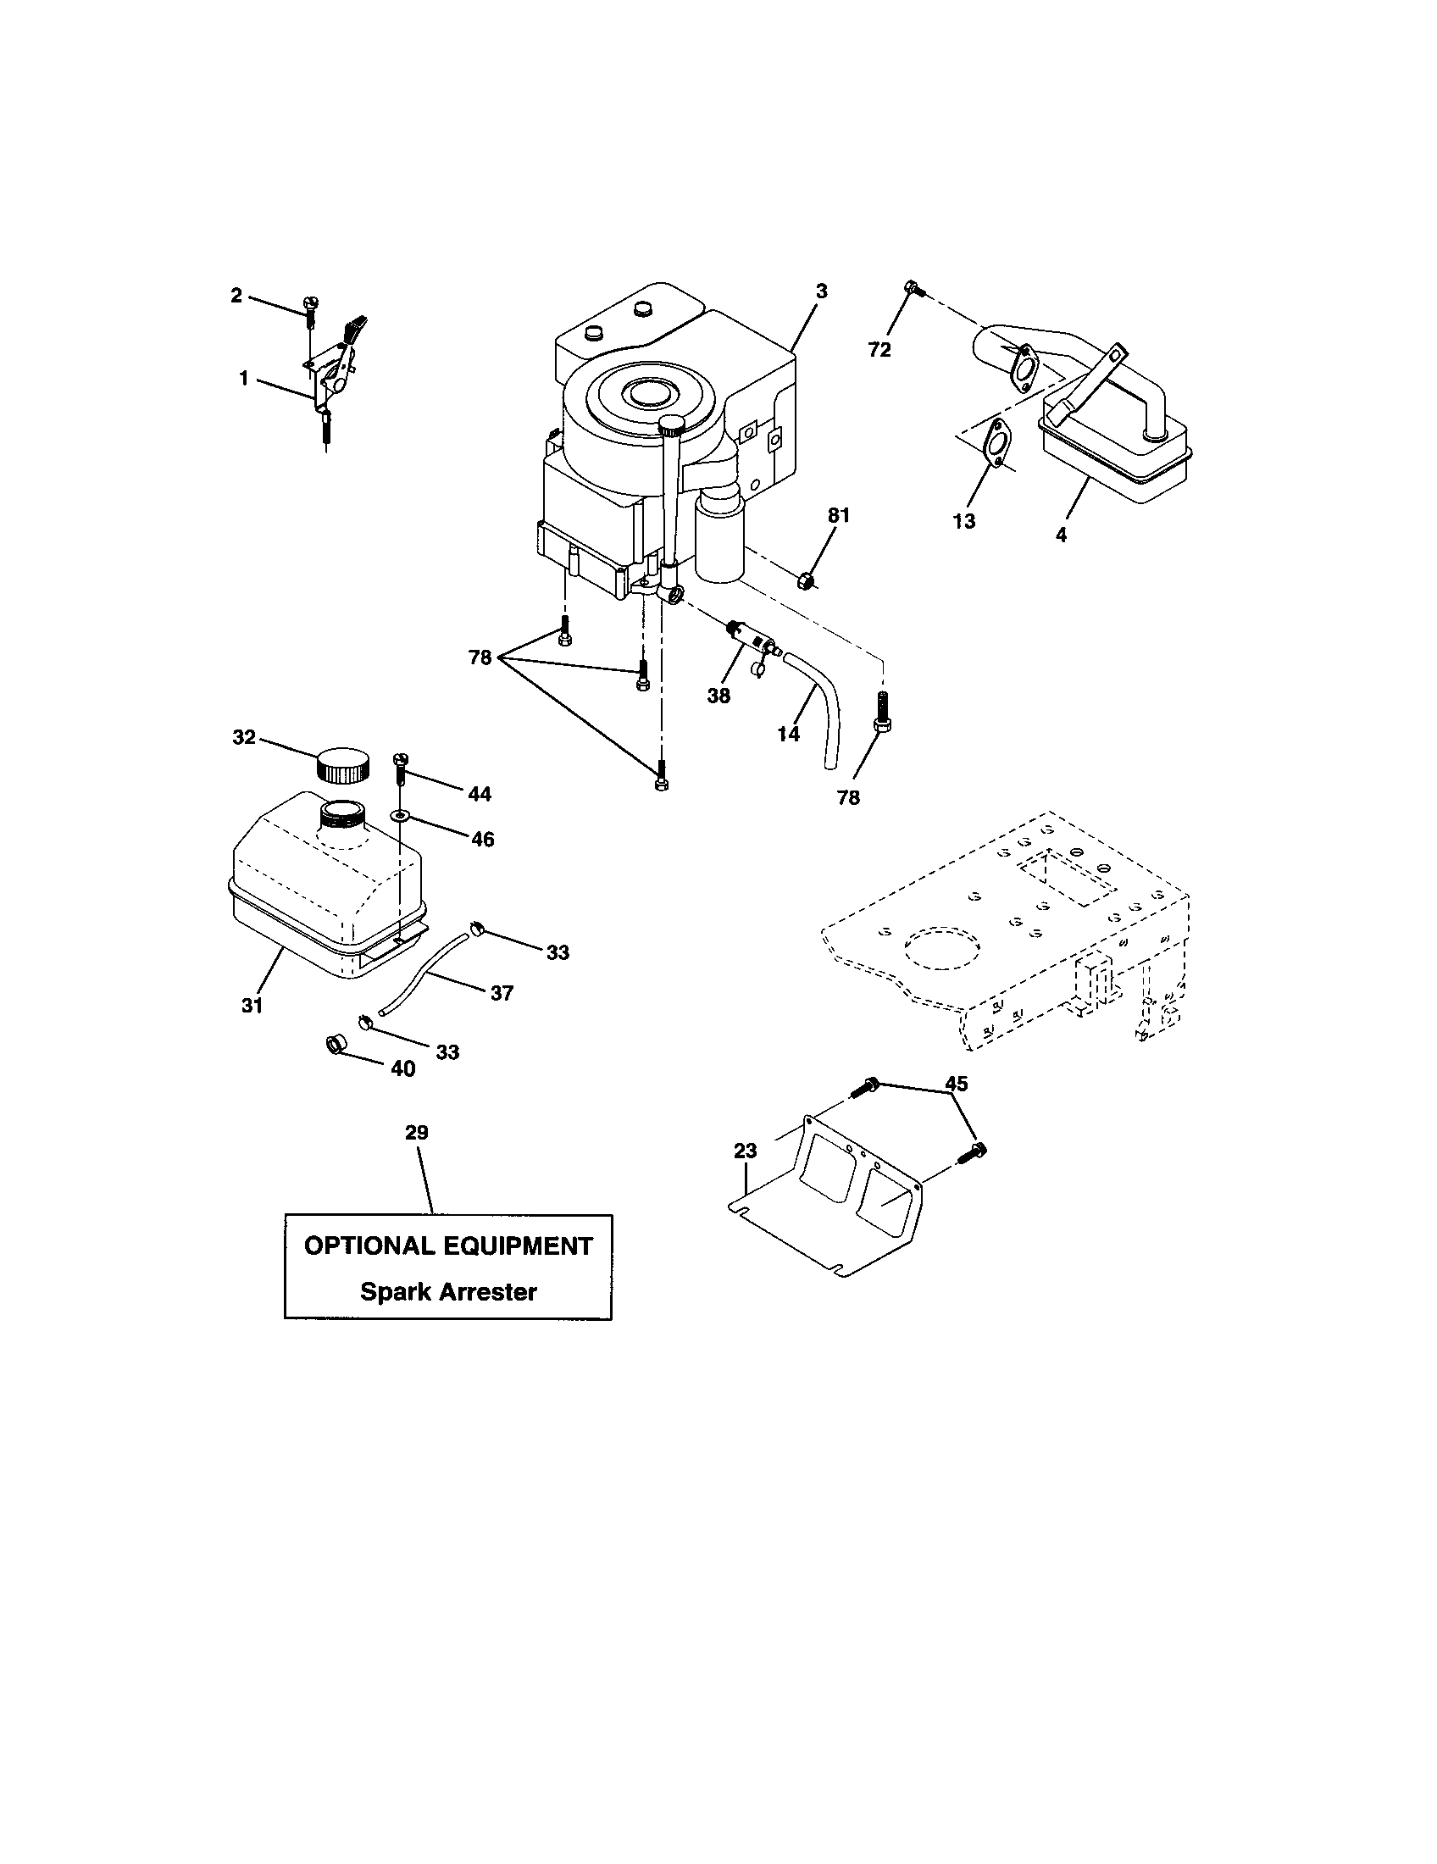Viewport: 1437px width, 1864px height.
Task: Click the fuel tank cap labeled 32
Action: [x=344, y=764]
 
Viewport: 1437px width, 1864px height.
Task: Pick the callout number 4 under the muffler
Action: [x=1061, y=535]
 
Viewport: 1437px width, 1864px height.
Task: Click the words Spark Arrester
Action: [x=448, y=1291]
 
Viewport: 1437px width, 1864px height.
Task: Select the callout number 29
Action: [x=416, y=1133]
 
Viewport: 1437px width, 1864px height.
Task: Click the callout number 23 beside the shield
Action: [x=745, y=1151]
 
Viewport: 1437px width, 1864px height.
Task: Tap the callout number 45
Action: [x=957, y=1084]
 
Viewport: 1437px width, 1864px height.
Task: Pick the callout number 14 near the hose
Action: [x=789, y=733]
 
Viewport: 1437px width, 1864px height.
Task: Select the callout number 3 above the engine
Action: [x=821, y=291]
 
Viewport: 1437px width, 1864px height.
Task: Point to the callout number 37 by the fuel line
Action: [x=502, y=993]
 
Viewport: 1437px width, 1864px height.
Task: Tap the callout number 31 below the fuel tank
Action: [x=252, y=1006]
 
